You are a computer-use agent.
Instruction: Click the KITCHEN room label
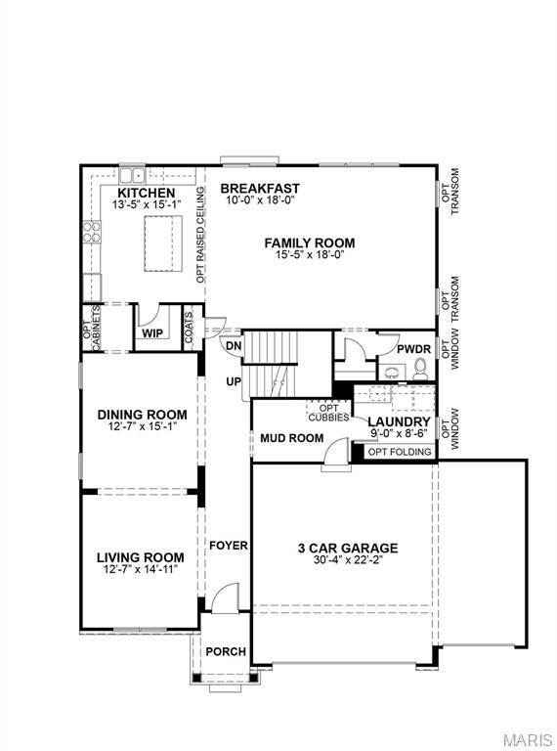(x=144, y=194)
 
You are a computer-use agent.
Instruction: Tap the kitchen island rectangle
(x=165, y=243)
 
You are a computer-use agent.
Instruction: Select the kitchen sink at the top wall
(x=132, y=174)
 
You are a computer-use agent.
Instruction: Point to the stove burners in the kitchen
(x=92, y=232)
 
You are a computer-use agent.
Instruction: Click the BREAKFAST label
(x=259, y=188)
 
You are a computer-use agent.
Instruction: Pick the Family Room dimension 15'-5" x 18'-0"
(x=309, y=254)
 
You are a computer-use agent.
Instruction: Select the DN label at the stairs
(x=234, y=345)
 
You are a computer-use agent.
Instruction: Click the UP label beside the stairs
(x=234, y=381)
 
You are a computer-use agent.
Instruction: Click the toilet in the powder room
(x=420, y=369)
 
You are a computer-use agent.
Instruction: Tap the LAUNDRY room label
(x=399, y=421)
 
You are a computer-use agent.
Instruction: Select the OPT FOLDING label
(x=398, y=451)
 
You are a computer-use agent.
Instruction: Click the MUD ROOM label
(x=291, y=438)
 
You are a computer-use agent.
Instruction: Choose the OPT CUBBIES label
(x=328, y=412)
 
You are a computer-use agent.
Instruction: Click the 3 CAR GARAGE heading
(x=348, y=549)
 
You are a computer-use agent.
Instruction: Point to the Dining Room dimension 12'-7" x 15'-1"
(x=142, y=426)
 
